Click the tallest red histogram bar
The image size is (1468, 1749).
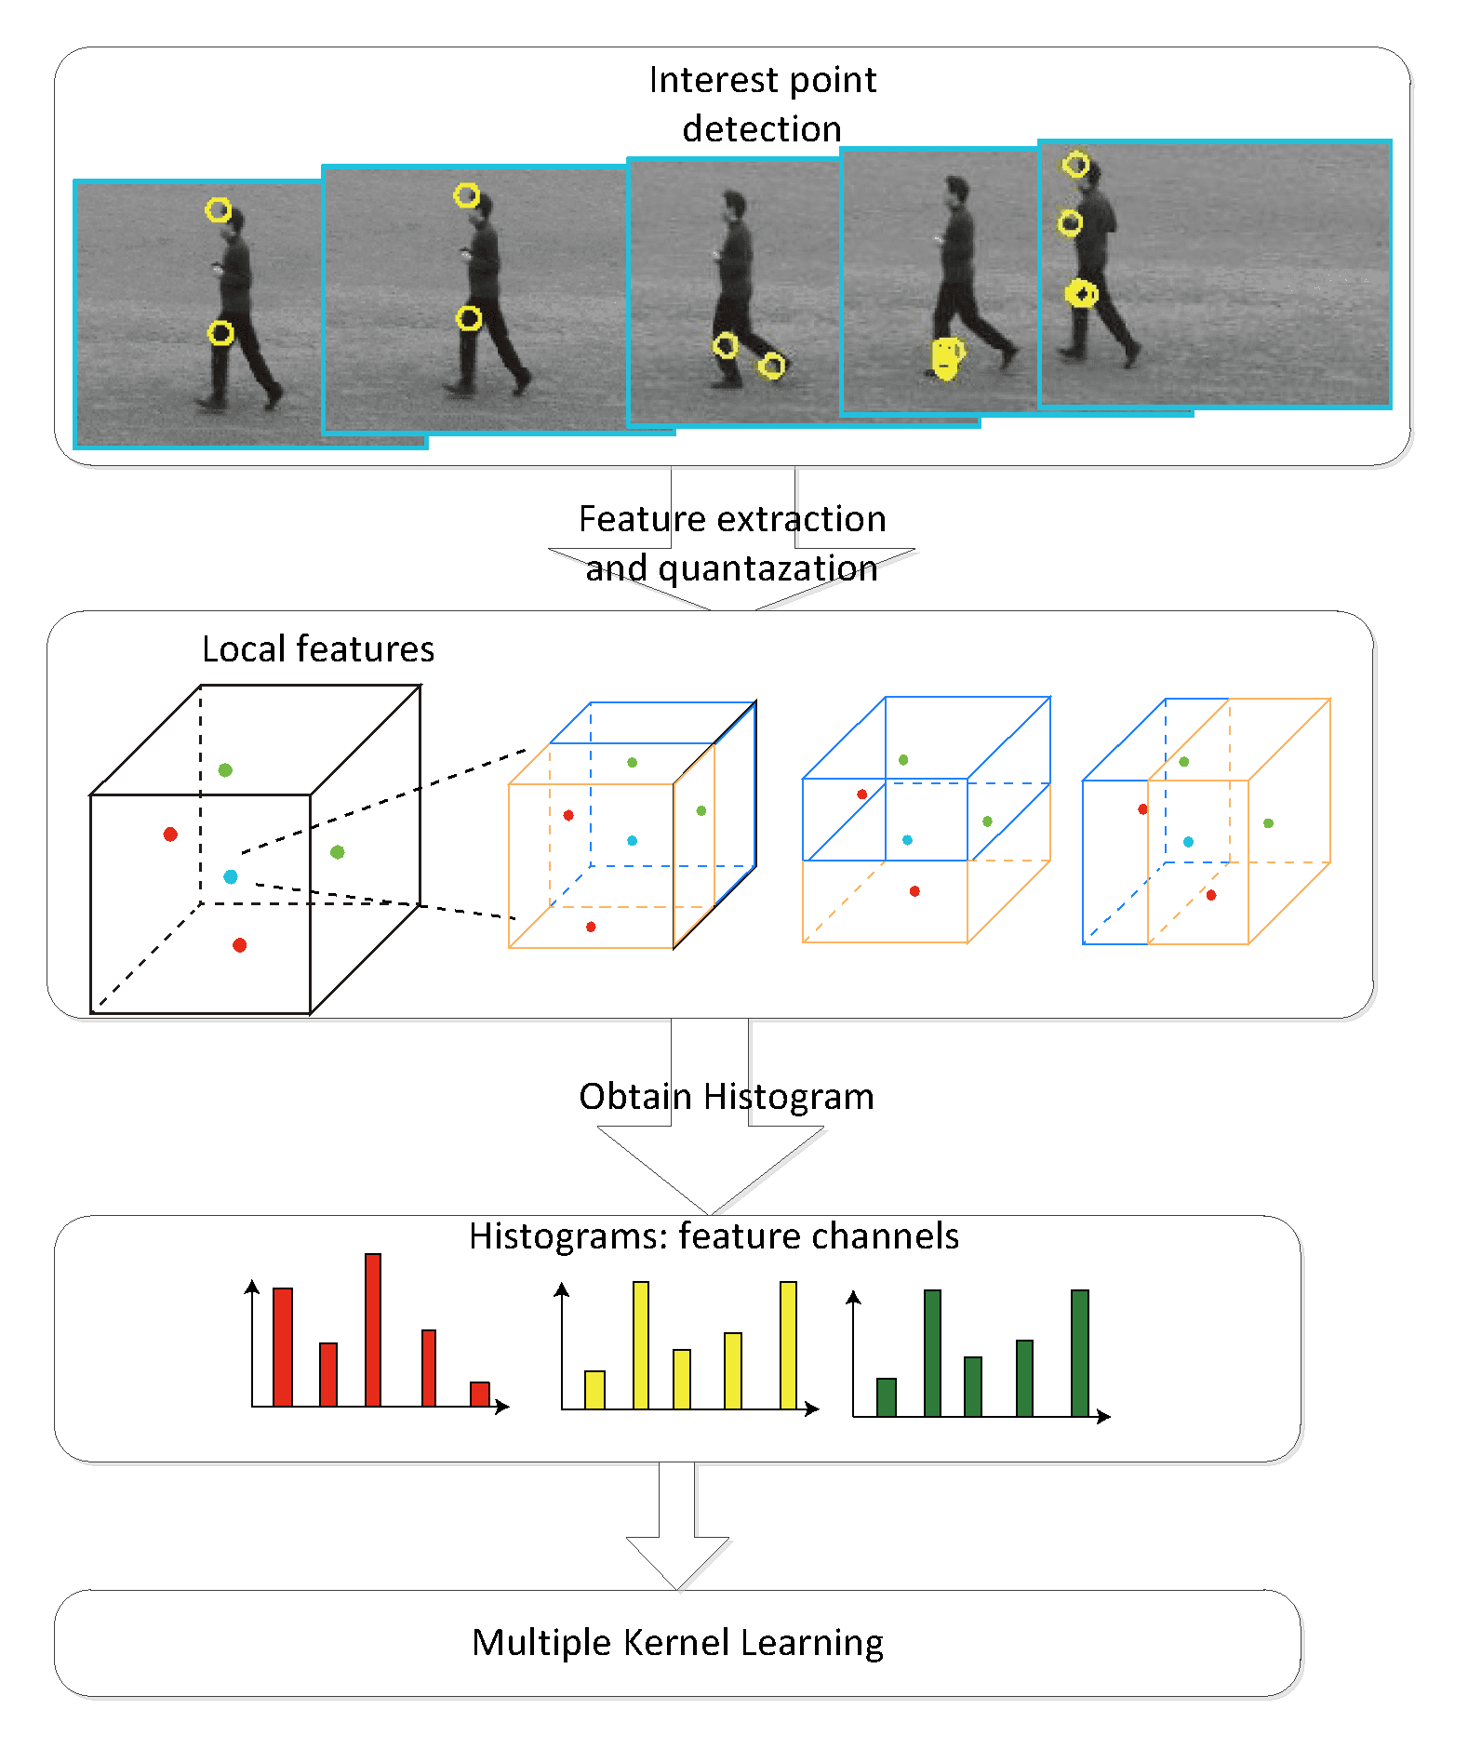point(373,1329)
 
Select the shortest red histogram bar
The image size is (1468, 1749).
point(480,1394)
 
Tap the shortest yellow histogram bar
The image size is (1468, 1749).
point(594,1390)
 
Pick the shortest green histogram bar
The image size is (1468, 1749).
point(887,1397)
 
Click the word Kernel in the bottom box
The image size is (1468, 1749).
point(676,1642)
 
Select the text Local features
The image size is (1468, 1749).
point(318,648)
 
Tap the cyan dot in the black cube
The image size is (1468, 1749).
point(231,876)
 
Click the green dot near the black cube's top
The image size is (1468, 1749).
point(225,769)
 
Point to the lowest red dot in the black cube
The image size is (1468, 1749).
point(239,945)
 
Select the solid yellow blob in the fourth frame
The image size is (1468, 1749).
point(947,358)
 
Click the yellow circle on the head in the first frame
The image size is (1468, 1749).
point(218,210)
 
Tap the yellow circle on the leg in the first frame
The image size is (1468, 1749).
point(220,333)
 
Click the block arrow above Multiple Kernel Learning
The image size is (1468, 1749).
point(677,1526)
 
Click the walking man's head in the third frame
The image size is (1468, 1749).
point(734,204)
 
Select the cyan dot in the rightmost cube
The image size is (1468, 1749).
point(1188,842)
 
